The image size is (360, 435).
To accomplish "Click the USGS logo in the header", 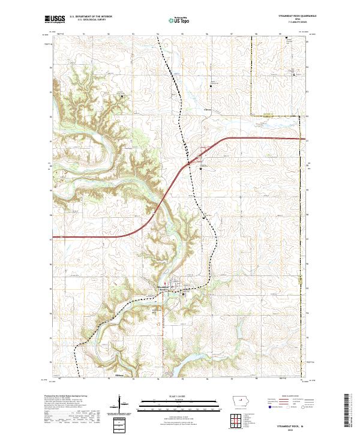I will (x=54, y=19).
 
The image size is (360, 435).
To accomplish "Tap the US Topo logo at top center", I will (x=173, y=20).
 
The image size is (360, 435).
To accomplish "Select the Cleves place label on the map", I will (x=208, y=110).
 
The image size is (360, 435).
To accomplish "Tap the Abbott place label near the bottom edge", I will (x=119, y=376).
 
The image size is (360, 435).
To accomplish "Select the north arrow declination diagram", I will (x=121, y=405).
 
